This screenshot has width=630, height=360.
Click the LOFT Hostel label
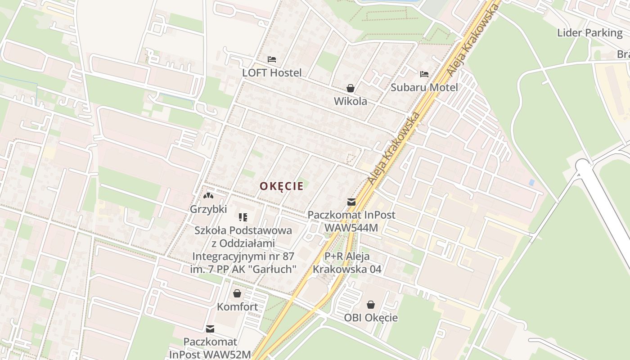pyautogui.click(x=272, y=72)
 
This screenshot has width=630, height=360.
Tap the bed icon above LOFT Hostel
pyautogui.click(x=272, y=59)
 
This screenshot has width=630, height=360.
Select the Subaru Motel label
pyautogui.click(x=424, y=87)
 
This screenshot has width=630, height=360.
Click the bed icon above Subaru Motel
pyautogui.click(x=424, y=74)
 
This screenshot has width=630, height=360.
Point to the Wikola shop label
pyautogui.click(x=350, y=101)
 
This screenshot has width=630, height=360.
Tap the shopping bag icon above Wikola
pyautogui.click(x=350, y=88)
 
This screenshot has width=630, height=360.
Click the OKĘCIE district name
pyautogui.click(x=281, y=186)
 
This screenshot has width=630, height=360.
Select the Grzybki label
pyautogui.click(x=208, y=209)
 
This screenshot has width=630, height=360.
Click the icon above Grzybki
pyautogui.click(x=208, y=196)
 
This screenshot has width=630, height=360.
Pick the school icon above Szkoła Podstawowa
pyautogui.click(x=243, y=218)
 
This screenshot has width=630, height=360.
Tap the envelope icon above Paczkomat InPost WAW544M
pyautogui.click(x=351, y=202)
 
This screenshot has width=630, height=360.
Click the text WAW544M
pyautogui.click(x=351, y=228)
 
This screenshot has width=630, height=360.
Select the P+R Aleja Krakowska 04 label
pyautogui.click(x=347, y=263)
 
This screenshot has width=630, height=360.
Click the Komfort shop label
pyautogui.click(x=238, y=307)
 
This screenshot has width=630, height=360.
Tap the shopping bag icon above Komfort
pyautogui.click(x=237, y=294)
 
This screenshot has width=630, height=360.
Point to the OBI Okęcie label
pyautogui.click(x=371, y=318)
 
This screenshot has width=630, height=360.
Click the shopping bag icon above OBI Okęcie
pyautogui.click(x=371, y=305)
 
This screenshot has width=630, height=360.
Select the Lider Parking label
pyautogui.click(x=589, y=33)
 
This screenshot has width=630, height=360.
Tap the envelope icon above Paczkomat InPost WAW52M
pyautogui.click(x=210, y=329)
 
